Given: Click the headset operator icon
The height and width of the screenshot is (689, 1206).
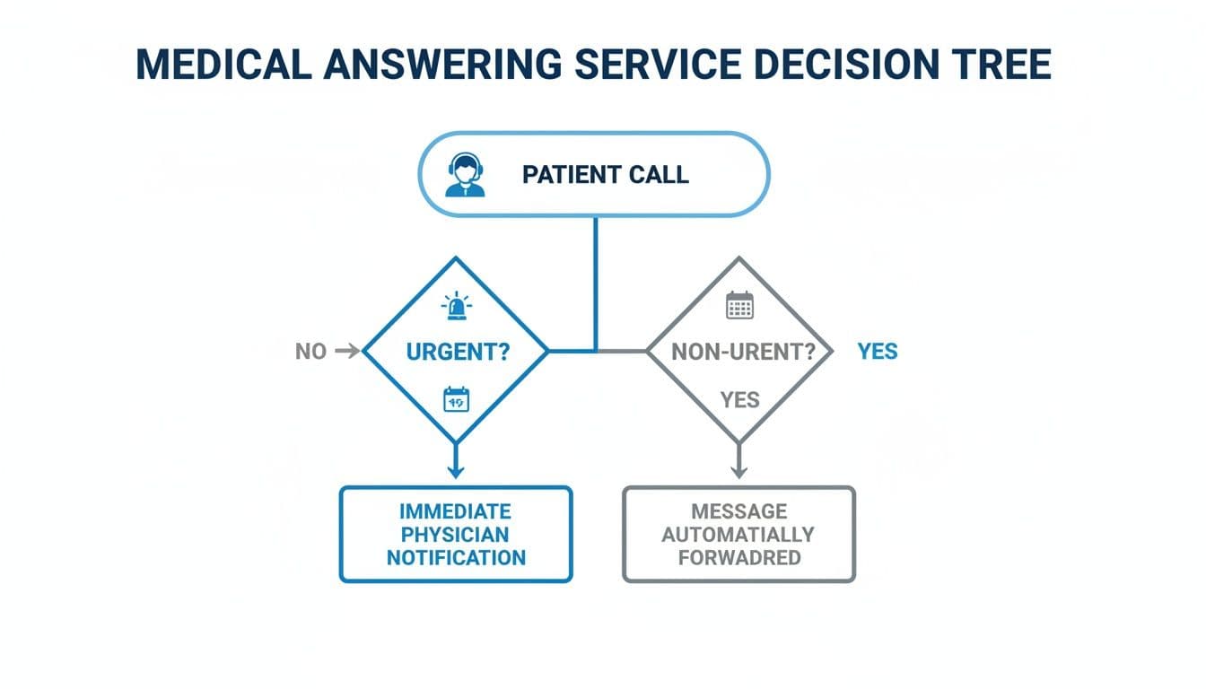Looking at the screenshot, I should [x=465, y=175].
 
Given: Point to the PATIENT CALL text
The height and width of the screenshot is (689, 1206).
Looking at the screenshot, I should [x=605, y=175].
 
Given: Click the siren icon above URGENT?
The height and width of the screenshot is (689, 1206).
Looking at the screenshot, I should [x=457, y=307].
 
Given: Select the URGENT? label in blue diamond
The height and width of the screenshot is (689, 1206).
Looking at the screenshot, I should [x=458, y=352].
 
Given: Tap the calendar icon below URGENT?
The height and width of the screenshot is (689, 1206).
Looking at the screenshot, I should [x=457, y=399].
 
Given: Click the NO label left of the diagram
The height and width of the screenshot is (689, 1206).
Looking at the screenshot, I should [x=310, y=352].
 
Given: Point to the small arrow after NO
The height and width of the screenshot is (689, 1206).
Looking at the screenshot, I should [x=346, y=352].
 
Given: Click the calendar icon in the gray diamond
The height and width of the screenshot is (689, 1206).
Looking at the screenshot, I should [x=739, y=306].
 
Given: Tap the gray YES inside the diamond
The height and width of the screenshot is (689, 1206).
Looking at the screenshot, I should [x=739, y=399].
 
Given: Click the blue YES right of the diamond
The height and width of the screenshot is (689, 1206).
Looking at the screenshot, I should [x=877, y=352].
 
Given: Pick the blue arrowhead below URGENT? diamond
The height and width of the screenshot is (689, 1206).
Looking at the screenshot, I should [x=456, y=470].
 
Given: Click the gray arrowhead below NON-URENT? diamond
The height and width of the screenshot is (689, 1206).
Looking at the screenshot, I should [x=738, y=470].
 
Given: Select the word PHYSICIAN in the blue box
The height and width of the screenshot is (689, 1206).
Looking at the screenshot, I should [x=455, y=535].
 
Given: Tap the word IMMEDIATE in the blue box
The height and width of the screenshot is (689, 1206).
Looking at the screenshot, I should [x=455, y=511].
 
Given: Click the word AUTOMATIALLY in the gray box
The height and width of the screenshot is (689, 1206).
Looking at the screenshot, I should [x=738, y=535].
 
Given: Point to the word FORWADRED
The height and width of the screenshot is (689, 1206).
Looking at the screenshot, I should [x=738, y=557].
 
